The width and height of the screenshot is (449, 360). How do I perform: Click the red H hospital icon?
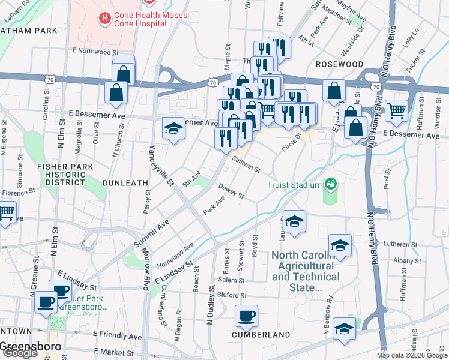tap(106, 19)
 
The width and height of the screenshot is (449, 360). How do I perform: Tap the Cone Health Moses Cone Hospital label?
tap(150, 19)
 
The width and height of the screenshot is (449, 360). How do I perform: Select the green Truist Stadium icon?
tap(330, 184)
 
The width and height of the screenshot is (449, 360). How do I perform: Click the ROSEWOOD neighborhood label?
tap(340, 64)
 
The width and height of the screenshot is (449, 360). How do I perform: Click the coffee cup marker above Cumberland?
tap(246, 316)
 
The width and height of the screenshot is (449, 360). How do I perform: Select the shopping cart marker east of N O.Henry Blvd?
tap(396, 110)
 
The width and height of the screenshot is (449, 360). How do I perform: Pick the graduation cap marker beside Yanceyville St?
tap(173, 129)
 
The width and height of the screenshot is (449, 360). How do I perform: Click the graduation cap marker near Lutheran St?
tap(340, 245)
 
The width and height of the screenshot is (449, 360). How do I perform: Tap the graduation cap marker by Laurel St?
tap(294, 222)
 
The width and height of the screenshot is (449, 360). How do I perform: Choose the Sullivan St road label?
tap(246, 162)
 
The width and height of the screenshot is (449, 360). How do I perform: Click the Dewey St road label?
tap(231, 191)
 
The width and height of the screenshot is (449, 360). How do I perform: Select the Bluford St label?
tap(232, 295)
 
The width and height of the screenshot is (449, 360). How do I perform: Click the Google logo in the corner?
tap(20, 353)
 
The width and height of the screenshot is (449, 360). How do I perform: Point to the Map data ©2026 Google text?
tap(412, 355)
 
